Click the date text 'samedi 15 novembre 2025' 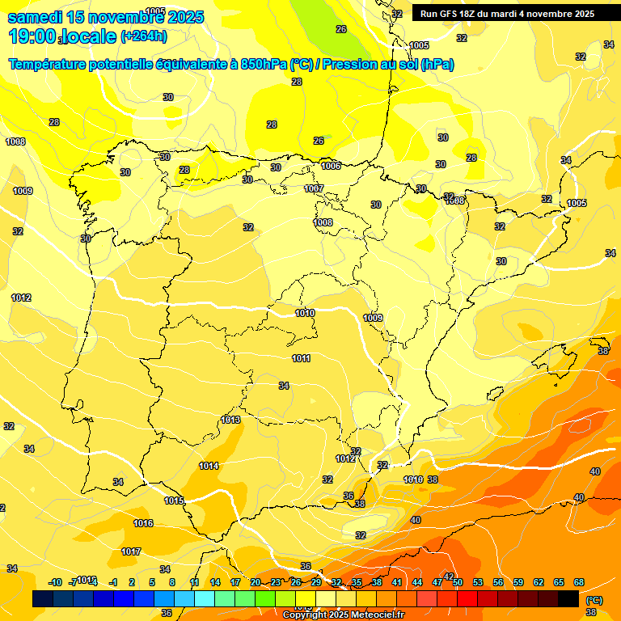click(x=106, y=17)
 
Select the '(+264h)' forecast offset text click(x=144, y=36)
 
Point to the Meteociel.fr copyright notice click(x=342, y=615)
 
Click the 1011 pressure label click(x=301, y=358)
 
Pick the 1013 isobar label click(x=230, y=420)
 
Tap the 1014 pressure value click(x=209, y=466)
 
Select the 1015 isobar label click(x=174, y=501)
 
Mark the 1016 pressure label click(x=143, y=523)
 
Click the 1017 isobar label click(x=131, y=551)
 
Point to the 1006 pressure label click(x=331, y=166)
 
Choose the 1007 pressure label click(x=314, y=188)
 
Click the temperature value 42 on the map click(x=449, y=576)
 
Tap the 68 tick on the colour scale click(x=579, y=582)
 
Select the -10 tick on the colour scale click(x=55, y=582)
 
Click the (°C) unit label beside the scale click(x=594, y=600)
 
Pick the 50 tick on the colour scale click(x=458, y=582)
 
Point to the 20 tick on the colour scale click(x=255, y=582)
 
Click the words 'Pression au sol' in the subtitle click(x=369, y=65)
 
